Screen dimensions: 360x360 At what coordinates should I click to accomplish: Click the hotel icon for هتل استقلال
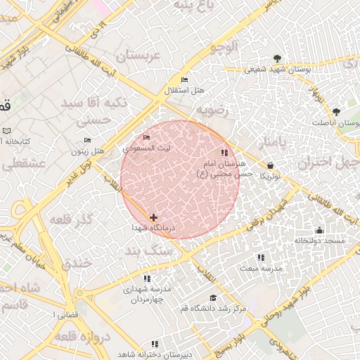[x=184, y=80]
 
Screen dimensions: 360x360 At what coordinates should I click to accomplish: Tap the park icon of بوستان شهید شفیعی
[x=278, y=58]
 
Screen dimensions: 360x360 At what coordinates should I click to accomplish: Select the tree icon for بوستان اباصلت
[x=336, y=112]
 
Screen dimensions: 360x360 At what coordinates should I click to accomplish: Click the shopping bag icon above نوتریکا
[x=271, y=166]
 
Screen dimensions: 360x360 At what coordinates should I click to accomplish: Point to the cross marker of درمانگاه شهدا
[x=153, y=218]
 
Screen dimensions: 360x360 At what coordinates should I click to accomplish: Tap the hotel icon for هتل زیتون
[x=88, y=141]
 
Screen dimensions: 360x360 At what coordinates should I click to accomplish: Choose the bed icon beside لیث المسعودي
[x=146, y=138]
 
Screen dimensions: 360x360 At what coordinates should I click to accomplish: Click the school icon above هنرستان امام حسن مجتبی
[x=224, y=153]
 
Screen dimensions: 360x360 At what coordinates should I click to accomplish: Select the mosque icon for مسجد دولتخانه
[x=320, y=231]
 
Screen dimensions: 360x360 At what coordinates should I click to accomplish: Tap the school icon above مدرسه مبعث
[x=262, y=258]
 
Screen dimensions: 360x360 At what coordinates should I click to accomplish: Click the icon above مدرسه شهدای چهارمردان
[x=146, y=278]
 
